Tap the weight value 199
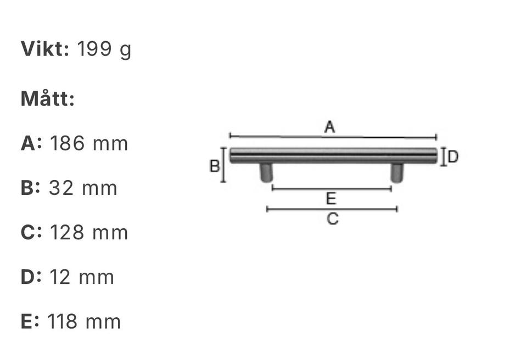[x=94, y=49]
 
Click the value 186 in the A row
[x=67, y=143]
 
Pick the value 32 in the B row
[x=61, y=188]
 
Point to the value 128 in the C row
[x=67, y=232]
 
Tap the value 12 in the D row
[x=60, y=277]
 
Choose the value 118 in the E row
[x=63, y=322]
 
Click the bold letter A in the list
[x=28, y=143]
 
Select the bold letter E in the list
[x=27, y=322]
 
